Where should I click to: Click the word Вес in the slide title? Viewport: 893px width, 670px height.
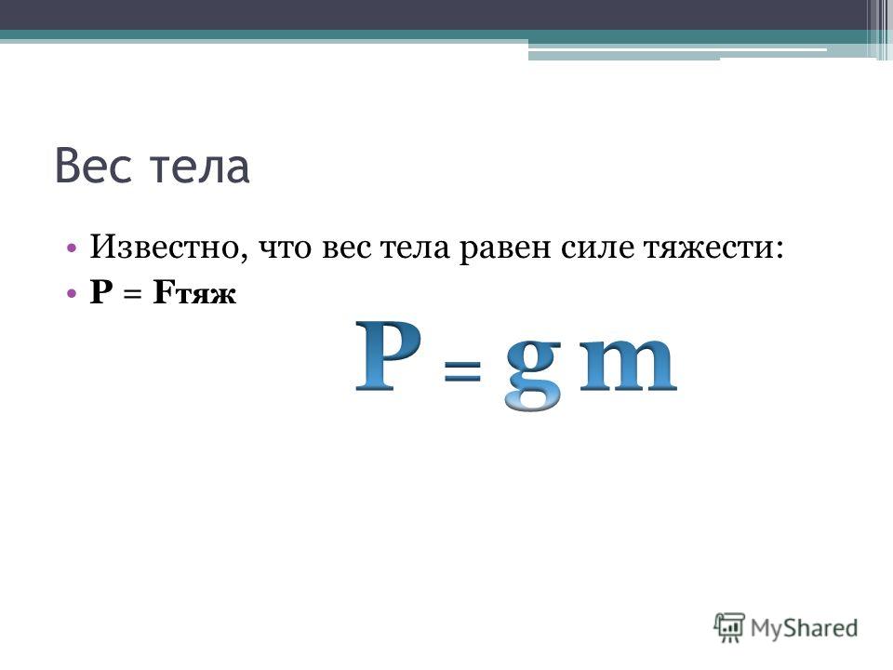[x=93, y=166]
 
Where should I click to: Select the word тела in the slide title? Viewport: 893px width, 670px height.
[x=200, y=168]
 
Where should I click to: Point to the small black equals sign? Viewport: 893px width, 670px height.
[x=132, y=295]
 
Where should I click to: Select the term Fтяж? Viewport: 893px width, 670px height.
[x=194, y=293]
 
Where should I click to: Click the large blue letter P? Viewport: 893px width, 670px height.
[x=388, y=356]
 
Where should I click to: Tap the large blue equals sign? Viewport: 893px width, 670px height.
[x=462, y=371]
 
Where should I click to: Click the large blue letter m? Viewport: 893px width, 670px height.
[x=628, y=365]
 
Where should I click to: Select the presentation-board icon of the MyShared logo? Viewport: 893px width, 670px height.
[x=729, y=627]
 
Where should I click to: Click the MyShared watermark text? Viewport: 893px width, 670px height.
[x=804, y=628]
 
